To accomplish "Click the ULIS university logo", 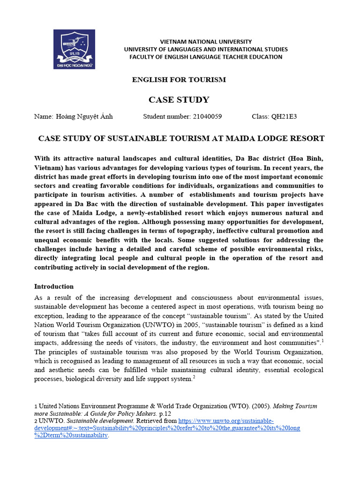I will coord(74,49).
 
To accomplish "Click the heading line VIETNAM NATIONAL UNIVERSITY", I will coord(206,42).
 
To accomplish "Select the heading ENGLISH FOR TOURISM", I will coord(179,80).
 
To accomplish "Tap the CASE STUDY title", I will coord(179,100).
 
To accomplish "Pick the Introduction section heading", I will coord(54,286).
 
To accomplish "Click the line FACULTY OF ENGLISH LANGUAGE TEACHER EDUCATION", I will coord(206,57).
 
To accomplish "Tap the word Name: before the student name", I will coord(44,117).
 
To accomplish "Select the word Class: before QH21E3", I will coord(260,117).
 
